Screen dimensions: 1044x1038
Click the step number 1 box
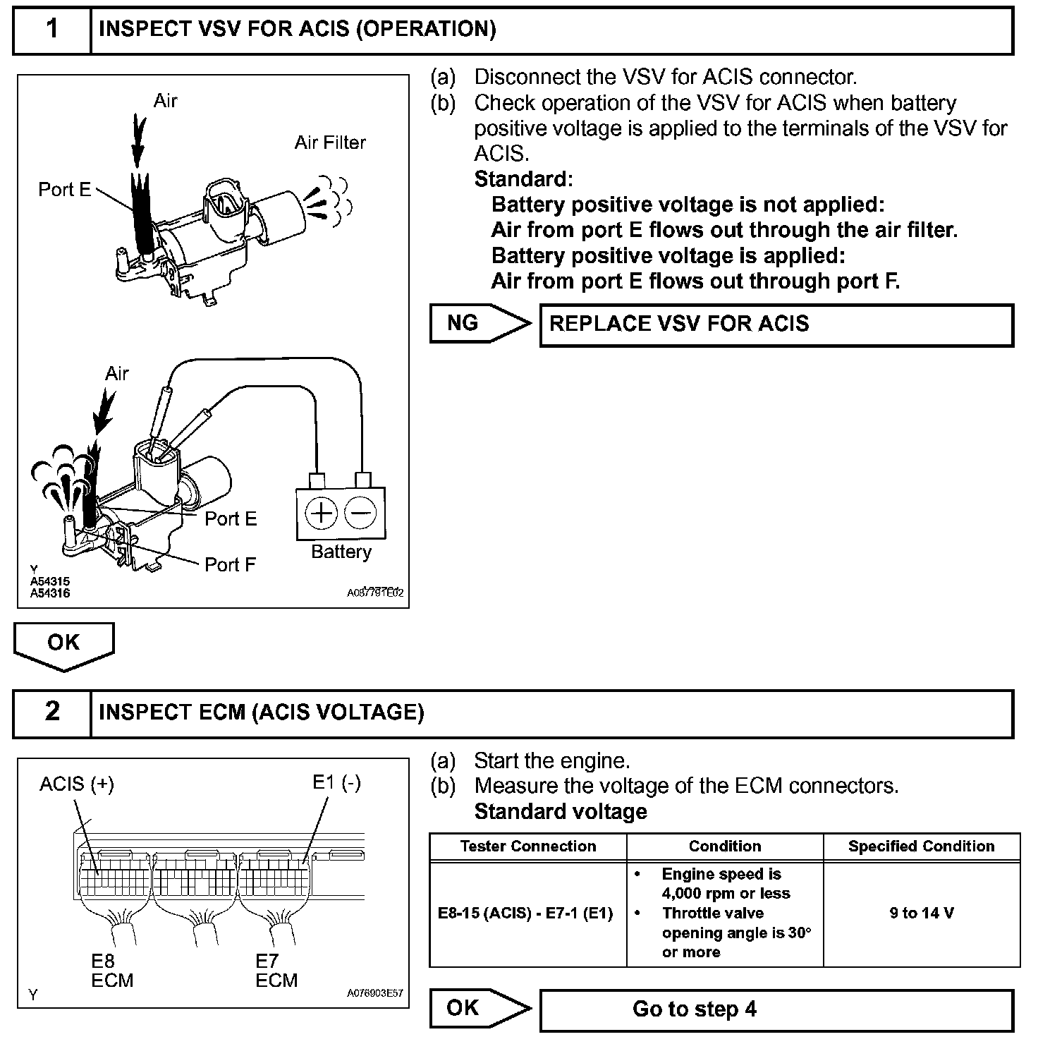(52, 30)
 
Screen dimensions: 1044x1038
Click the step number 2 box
(52, 712)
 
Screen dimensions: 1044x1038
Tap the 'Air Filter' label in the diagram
(330, 142)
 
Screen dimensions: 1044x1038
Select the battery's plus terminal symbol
(322, 513)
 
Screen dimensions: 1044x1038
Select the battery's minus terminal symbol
(361, 513)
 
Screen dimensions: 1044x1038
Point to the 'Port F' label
(230, 564)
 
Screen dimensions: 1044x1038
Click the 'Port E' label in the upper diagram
(64, 189)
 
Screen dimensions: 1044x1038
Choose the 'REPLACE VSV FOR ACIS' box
(776, 325)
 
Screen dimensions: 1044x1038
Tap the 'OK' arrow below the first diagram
(63, 643)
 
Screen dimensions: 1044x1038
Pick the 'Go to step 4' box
(776, 1009)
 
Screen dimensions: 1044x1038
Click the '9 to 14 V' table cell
(922, 913)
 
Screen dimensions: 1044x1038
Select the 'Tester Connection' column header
(528, 846)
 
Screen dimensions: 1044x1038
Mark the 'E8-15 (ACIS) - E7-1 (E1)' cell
(526, 913)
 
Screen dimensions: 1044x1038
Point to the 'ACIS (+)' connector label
(76, 784)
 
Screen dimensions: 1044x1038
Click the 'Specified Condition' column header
(922, 846)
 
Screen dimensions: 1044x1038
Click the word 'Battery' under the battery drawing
(341, 552)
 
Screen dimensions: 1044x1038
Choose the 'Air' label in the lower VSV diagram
(117, 373)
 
